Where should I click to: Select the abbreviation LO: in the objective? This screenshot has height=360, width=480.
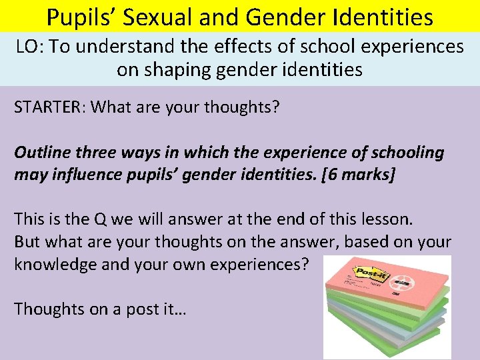point(29,47)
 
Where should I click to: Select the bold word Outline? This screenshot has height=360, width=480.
point(41,152)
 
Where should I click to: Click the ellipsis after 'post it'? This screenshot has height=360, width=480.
point(179,309)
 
